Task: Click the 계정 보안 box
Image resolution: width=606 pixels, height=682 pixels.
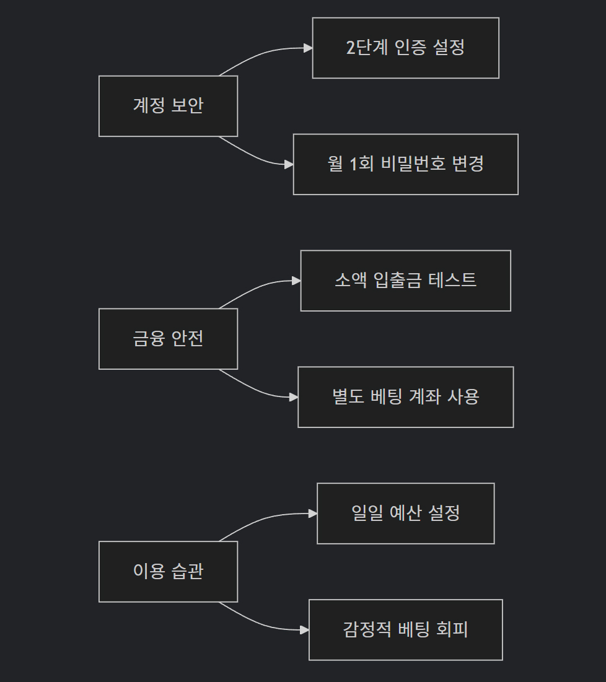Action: click(x=168, y=106)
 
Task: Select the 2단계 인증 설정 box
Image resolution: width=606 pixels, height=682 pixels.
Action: click(x=405, y=48)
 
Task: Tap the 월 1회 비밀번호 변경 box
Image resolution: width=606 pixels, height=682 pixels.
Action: click(x=405, y=164)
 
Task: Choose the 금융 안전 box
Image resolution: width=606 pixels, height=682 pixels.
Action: click(x=168, y=339)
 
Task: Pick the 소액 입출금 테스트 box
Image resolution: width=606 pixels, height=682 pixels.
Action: click(x=405, y=281)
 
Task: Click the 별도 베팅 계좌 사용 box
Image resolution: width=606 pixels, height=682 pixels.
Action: click(x=405, y=397)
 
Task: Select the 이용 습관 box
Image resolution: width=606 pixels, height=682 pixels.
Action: click(x=168, y=572)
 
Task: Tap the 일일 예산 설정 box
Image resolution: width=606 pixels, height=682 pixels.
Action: click(x=405, y=514)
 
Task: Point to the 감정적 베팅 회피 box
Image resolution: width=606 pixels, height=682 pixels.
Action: click(x=405, y=630)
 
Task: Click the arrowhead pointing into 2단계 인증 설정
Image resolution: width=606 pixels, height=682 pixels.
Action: click(x=308, y=48)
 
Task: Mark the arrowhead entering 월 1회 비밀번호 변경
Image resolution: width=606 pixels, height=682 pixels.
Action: click(x=289, y=164)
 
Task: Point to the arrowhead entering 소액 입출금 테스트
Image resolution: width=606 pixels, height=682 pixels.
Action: click(x=296, y=281)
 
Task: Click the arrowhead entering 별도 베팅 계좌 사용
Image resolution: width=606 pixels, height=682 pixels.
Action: click(x=294, y=397)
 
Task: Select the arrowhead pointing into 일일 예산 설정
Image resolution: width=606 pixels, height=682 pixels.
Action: click(x=313, y=514)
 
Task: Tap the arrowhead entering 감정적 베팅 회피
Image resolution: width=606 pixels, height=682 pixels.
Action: click(x=304, y=630)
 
